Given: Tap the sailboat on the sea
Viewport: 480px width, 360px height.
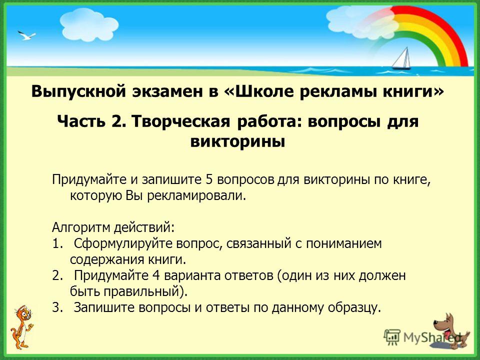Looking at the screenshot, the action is (401, 58).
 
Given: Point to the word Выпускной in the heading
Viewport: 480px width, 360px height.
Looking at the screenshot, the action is (78, 91).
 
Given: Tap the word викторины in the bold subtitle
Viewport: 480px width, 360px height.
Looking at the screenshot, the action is (237, 141).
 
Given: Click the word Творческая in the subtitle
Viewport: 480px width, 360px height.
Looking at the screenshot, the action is (181, 121).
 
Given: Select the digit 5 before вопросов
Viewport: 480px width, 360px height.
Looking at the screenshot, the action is (209, 179).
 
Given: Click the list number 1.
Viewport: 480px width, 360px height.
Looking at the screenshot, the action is (57, 244).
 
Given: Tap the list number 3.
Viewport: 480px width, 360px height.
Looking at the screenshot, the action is (57, 307).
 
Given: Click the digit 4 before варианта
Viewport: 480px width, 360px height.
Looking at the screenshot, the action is (155, 276).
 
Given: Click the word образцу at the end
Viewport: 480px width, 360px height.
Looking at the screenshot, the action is (354, 308).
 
